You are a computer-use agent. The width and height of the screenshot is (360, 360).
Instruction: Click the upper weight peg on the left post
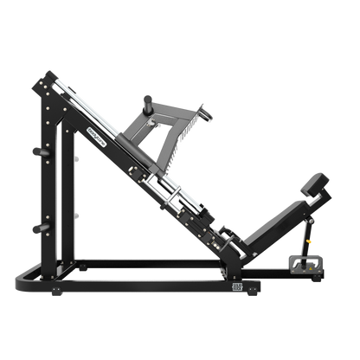click(x=35, y=151)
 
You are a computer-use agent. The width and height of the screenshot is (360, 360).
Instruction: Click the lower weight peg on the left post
click(x=35, y=228)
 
